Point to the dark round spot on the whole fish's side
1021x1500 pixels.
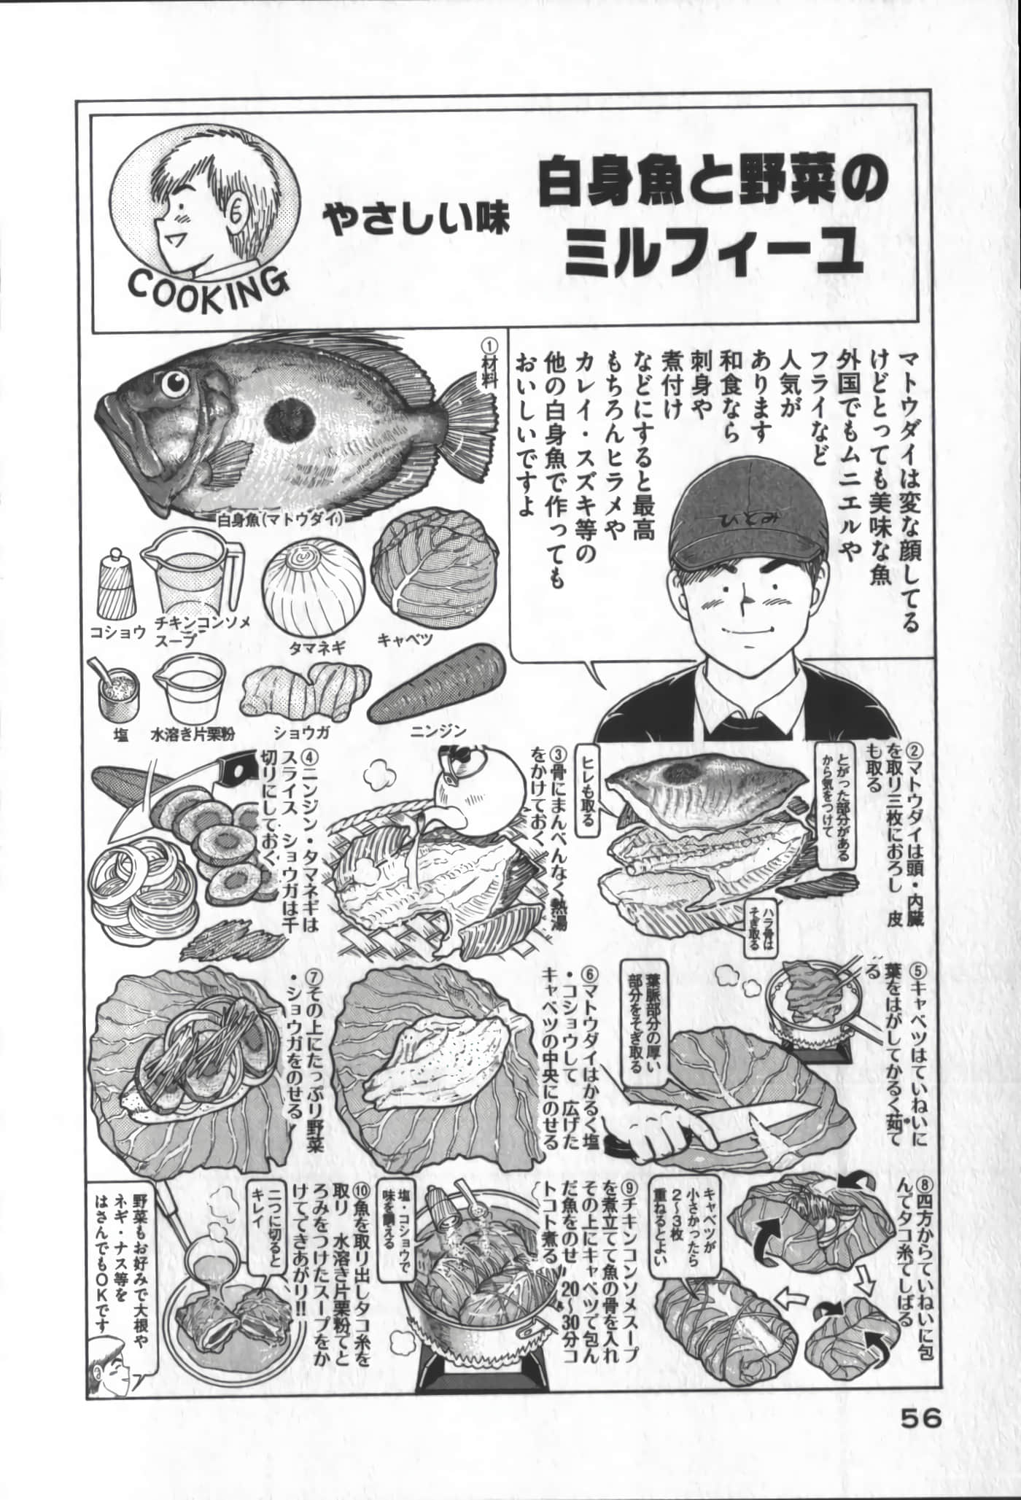click(290, 421)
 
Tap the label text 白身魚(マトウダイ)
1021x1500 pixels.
click(279, 520)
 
